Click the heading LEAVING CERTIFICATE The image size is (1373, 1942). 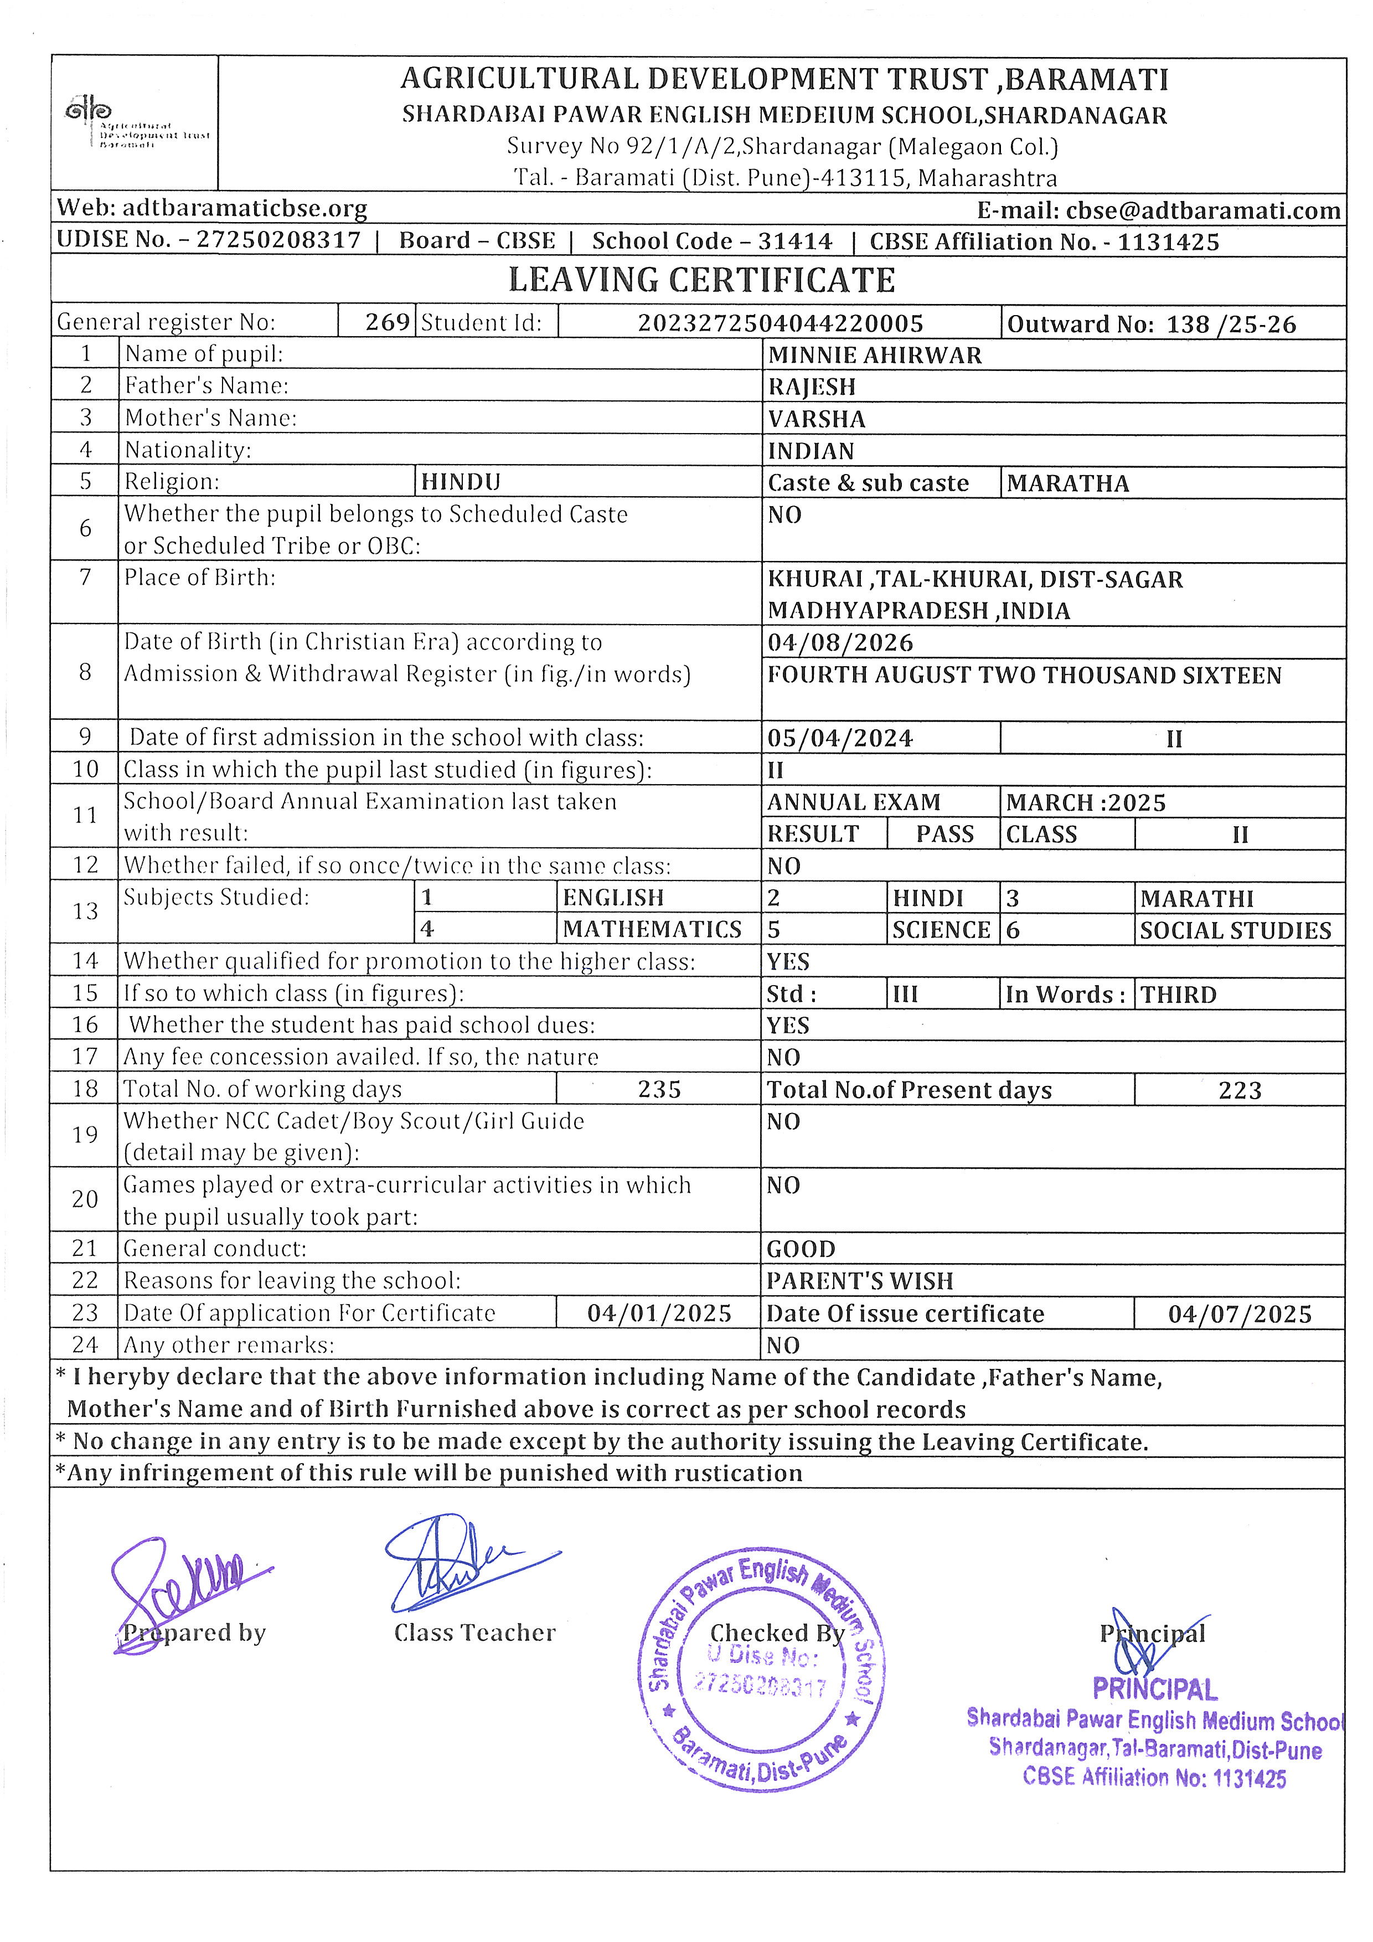[701, 281]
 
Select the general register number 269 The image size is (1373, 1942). [387, 322]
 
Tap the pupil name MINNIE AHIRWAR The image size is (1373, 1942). [874, 356]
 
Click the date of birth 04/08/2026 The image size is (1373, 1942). [839, 643]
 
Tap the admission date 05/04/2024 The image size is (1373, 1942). [839, 738]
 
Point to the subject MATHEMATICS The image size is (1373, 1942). [652, 930]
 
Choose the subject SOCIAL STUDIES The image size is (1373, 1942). [1235, 930]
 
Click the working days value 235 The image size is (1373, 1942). [659, 1089]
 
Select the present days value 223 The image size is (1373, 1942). [1240, 1090]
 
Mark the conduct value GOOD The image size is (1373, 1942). [801, 1249]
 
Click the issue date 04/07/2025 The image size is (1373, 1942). [1240, 1315]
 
